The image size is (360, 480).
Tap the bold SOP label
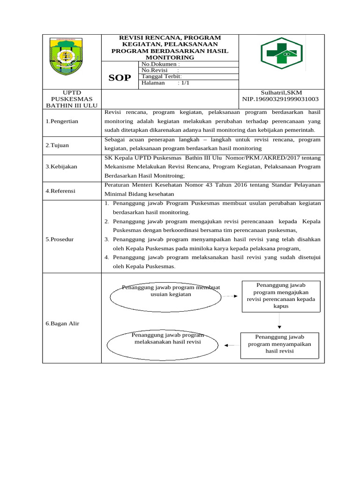pyautogui.click(x=120, y=78)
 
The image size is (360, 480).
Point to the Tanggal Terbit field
pyautogui.click(x=161, y=76)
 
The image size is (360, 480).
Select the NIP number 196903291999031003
pyautogui.click(x=280, y=99)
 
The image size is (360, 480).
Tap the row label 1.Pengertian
pyautogui.click(x=62, y=121)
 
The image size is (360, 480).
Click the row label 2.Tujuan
pyautogui.click(x=57, y=145)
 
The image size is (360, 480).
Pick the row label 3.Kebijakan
pyautogui.click(x=61, y=166)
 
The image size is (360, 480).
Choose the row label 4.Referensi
pyautogui.click(x=60, y=191)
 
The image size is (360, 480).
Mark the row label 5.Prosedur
pyautogui.click(x=60, y=239)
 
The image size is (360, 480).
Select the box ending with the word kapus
pyautogui.click(x=281, y=296)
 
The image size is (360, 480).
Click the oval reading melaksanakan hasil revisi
pyautogui.click(x=163, y=345)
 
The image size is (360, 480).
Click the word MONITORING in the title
pyautogui.click(x=170, y=57)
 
